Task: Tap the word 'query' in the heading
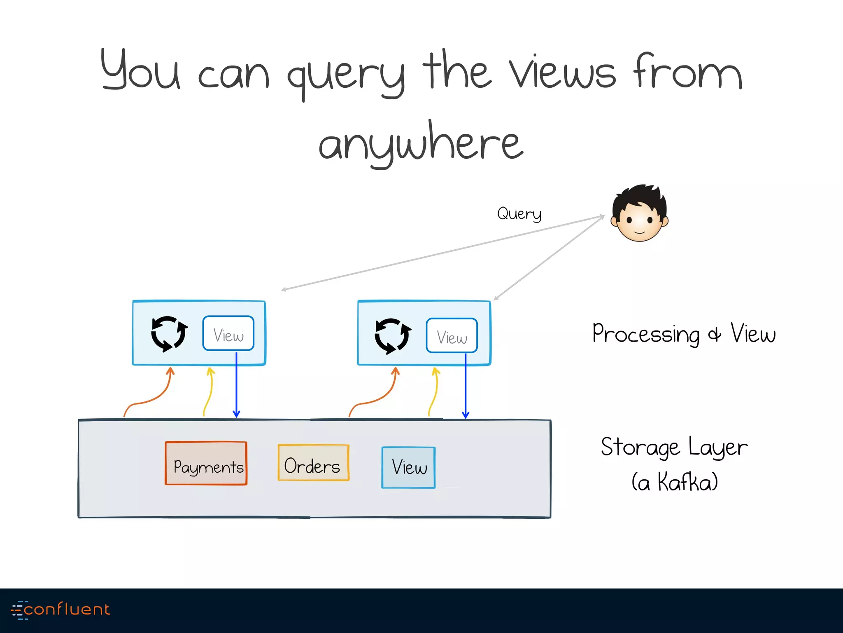point(346,74)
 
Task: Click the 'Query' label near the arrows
point(519,213)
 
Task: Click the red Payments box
point(206,463)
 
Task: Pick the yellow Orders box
point(313,462)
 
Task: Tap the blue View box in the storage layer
point(408,467)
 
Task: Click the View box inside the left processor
point(228,333)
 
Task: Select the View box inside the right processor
point(452,335)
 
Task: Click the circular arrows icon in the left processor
point(169,334)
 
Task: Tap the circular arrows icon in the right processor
point(392,336)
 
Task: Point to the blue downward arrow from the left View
point(236,387)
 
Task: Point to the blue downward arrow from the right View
point(466,387)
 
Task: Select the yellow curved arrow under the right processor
point(435,392)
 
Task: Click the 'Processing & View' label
point(683,333)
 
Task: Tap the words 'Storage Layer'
point(674,447)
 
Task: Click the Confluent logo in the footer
point(61,610)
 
